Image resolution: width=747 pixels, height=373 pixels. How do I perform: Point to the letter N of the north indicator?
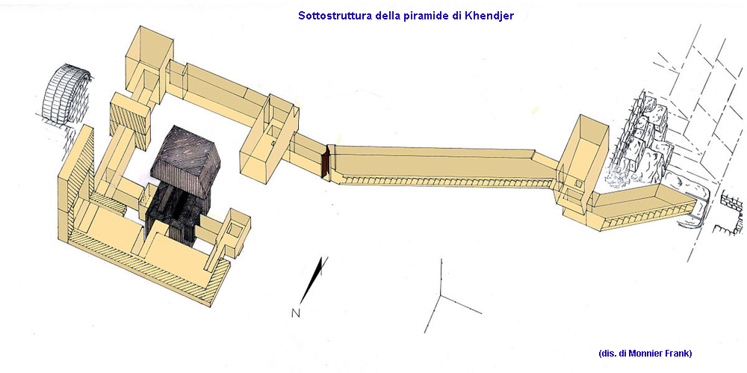click(296, 313)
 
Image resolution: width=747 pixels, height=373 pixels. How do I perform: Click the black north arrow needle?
click(314, 280)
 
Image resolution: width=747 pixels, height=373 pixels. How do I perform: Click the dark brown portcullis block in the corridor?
click(326, 162)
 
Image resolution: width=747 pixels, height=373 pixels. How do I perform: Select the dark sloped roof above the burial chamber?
click(186, 161)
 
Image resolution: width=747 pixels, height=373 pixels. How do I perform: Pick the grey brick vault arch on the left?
click(65, 95)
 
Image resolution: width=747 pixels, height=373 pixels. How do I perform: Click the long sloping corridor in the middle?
click(443, 167)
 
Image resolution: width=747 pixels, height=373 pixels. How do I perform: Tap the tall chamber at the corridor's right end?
click(583, 162)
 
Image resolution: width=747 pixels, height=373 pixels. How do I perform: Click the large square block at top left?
click(149, 52)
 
